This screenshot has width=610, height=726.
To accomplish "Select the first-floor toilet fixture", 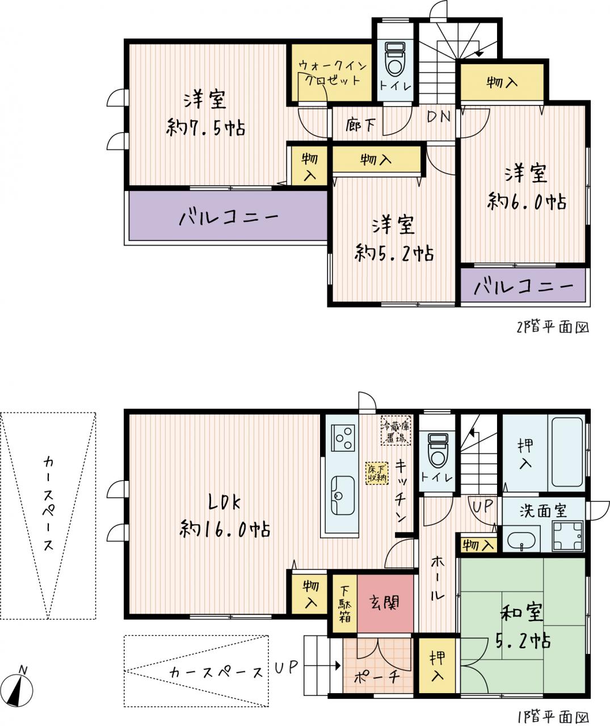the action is tap(437, 450).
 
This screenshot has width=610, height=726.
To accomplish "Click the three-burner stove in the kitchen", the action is tap(343, 438).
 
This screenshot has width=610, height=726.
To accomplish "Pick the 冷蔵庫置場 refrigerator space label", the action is tap(396, 430).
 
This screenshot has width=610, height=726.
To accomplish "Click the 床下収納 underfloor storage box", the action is tap(377, 473).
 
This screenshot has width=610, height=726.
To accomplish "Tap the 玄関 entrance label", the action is tap(385, 602).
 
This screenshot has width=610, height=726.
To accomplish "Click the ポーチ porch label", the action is tap(377, 677).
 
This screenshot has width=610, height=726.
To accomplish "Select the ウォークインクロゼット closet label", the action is tap(333, 73).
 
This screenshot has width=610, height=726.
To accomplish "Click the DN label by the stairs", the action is tap(439, 117).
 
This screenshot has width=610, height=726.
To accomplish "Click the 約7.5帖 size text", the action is tap(205, 128).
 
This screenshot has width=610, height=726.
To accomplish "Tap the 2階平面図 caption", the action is tap(553, 327).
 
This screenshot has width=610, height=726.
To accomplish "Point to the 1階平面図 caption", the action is tap(553, 716).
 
